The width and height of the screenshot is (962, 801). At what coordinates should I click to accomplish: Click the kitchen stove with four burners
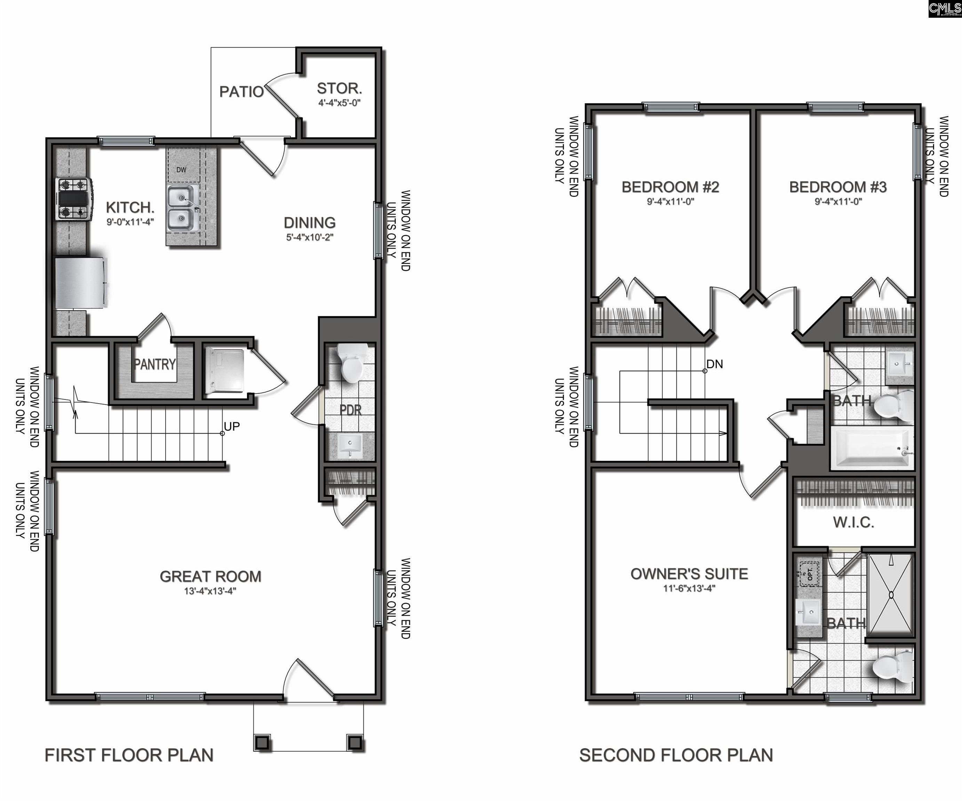74,199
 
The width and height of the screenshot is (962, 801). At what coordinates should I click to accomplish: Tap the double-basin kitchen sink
182,208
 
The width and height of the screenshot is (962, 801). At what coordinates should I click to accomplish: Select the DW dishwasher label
182,170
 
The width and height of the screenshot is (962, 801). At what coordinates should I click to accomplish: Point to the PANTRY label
154,365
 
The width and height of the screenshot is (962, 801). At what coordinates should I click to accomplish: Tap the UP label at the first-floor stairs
232,426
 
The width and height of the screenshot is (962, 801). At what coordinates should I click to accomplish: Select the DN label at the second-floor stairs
715,364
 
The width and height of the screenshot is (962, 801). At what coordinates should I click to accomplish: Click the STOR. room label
339,88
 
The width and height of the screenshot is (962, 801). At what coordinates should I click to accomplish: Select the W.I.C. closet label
853,523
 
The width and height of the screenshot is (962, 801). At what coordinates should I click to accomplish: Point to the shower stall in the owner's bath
891,595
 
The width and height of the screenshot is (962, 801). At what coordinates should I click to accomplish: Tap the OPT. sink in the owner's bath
809,574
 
